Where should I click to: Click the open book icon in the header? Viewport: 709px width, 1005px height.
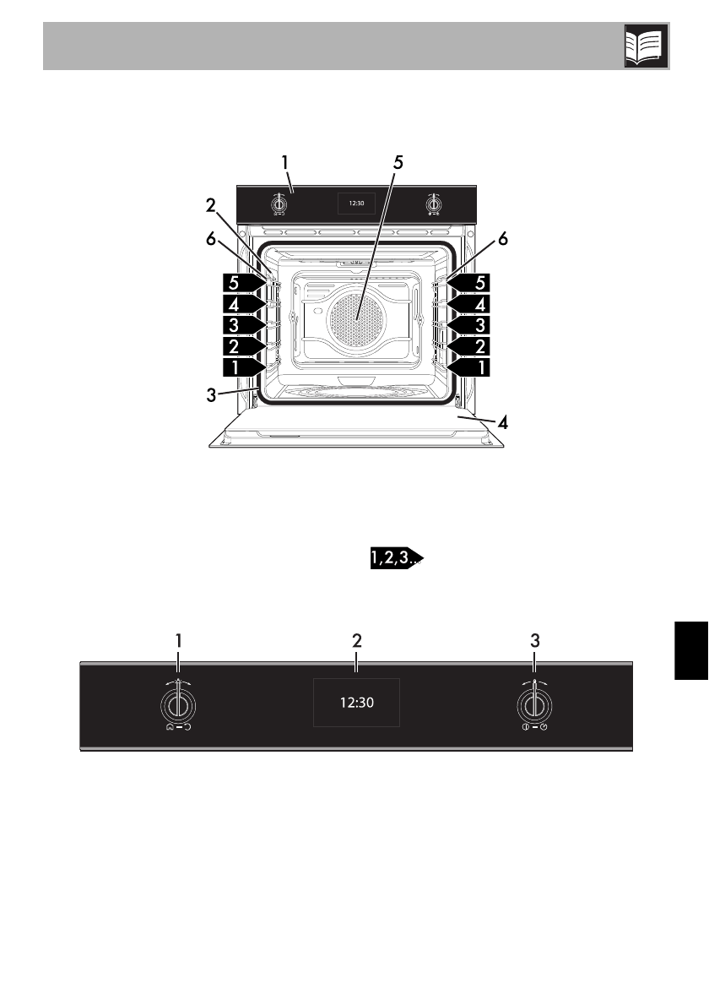click(x=646, y=46)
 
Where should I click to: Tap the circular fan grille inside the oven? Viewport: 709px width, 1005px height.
click(x=354, y=320)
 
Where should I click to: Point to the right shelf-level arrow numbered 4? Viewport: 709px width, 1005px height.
click(x=468, y=303)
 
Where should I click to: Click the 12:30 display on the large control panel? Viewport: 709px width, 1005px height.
click(x=356, y=702)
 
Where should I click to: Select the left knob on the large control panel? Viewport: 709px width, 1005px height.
click(x=177, y=703)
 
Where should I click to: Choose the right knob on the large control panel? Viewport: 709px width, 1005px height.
click(x=533, y=703)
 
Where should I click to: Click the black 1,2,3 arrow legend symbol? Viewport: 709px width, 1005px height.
click(x=395, y=557)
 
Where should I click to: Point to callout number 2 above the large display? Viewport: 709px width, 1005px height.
click(x=358, y=640)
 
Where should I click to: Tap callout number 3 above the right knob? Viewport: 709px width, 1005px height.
click(x=534, y=640)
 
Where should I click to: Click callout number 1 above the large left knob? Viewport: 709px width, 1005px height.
click(x=179, y=640)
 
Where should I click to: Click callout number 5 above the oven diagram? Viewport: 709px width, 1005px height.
click(x=398, y=164)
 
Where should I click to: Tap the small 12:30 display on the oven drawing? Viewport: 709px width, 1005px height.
click(x=355, y=204)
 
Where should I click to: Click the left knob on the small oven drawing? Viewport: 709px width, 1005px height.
click(x=278, y=204)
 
